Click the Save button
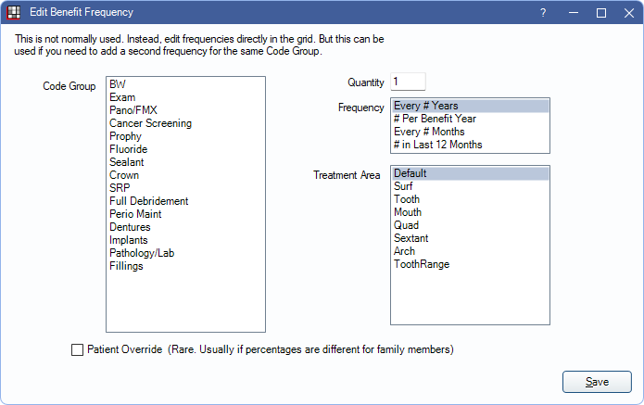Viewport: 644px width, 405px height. (597, 382)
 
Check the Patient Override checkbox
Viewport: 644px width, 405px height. (77, 350)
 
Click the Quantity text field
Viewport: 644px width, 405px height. (408, 82)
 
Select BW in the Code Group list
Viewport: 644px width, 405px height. (118, 84)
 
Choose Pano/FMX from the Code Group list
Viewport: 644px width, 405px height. (133, 110)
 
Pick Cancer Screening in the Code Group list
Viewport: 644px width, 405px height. (150, 123)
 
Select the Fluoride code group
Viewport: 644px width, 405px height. (128, 149)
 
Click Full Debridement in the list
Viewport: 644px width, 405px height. (148, 201)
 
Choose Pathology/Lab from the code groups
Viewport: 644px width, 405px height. (142, 253)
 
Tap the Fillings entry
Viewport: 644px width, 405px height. (126, 266)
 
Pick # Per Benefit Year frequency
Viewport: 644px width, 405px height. (435, 119)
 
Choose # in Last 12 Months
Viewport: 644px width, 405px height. (437, 145)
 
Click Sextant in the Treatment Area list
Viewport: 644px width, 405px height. (410, 238)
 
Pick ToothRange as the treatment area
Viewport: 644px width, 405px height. (422, 264)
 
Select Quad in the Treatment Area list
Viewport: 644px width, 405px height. (406, 225)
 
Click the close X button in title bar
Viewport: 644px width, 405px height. (629, 13)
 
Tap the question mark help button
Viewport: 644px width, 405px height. (543, 13)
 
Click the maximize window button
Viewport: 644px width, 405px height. (600, 13)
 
